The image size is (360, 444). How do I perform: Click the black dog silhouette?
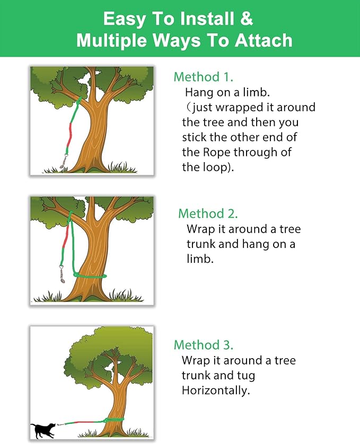(x=43, y=431)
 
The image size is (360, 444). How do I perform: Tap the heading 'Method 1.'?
(x=204, y=77)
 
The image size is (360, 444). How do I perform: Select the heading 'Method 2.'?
(x=208, y=214)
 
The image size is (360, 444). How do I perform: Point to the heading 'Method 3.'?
(x=204, y=345)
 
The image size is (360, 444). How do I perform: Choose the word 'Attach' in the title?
(x=264, y=40)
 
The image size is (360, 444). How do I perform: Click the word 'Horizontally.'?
(x=216, y=390)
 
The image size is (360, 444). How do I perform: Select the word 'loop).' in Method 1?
(x=218, y=167)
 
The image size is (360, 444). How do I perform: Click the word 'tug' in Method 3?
(x=247, y=376)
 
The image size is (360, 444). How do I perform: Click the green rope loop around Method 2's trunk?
(x=90, y=276)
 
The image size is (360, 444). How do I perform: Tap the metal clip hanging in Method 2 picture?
(x=62, y=274)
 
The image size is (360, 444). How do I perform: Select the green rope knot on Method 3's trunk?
(x=106, y=420)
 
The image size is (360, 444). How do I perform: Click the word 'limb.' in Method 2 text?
(x=200, y=259)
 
